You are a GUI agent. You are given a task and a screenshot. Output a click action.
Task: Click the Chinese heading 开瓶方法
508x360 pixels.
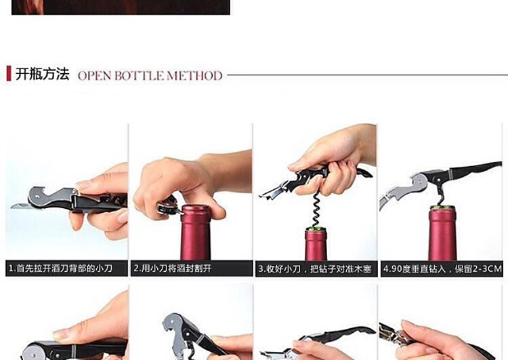coord(43,74)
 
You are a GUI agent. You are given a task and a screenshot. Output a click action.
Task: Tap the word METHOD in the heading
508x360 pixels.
coord(194,75)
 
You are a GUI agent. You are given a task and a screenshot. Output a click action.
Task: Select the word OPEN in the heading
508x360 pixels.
coord(95,75)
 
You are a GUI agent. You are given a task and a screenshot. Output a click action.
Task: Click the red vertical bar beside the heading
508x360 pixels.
coord(9,73)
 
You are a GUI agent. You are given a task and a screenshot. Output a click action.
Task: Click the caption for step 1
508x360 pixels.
coord(60,268)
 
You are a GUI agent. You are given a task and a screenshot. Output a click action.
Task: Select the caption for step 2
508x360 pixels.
coord(173,268)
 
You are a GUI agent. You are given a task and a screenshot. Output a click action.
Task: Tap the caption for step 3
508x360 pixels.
coord(314,269)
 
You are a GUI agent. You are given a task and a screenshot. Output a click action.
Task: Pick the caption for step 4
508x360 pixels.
coord(442,269)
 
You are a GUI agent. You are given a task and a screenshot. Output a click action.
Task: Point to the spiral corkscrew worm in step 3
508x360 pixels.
coord(316,209)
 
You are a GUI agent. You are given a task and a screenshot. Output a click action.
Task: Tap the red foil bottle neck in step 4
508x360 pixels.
coord(442,234)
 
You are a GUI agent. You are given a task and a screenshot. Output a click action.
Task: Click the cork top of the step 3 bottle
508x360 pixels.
coord(316,229)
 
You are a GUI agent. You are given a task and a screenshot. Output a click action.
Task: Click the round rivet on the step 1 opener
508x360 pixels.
coord(38,196)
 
